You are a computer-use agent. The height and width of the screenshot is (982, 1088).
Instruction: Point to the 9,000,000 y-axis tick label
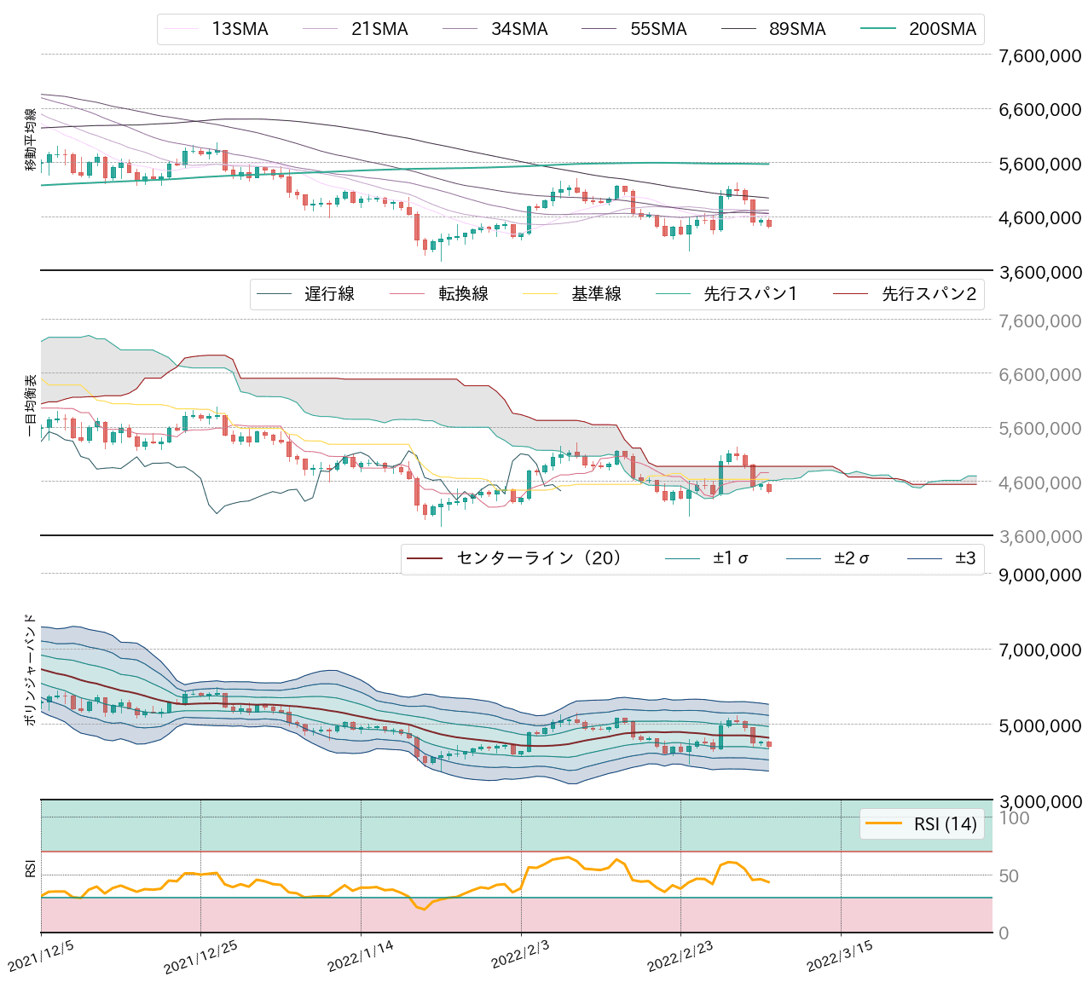pos(1039,575)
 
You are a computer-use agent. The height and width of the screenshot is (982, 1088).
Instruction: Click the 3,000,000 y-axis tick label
pos(1039,801)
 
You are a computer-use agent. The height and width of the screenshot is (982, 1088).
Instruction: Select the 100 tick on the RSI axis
pos(1014,818)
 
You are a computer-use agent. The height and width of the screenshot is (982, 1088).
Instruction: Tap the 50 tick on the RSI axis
pos(1009,876)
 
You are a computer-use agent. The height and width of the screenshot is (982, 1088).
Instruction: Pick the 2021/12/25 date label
pos(200,958)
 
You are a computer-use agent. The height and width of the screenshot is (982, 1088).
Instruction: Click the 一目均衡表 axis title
pos(31,406)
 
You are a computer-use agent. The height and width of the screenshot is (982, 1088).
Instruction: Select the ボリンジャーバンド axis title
pos(31,669)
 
